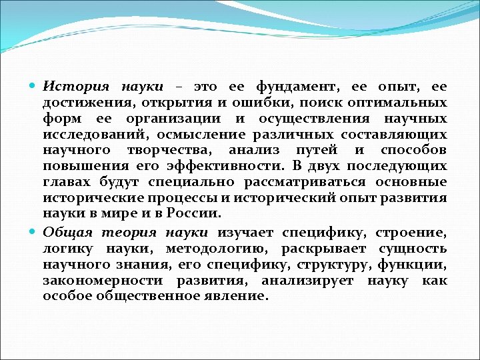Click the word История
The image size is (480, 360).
[77, 87]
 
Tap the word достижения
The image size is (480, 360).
[81, 104]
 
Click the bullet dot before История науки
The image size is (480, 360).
[33, 87]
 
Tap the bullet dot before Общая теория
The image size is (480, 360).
[33, 231]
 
